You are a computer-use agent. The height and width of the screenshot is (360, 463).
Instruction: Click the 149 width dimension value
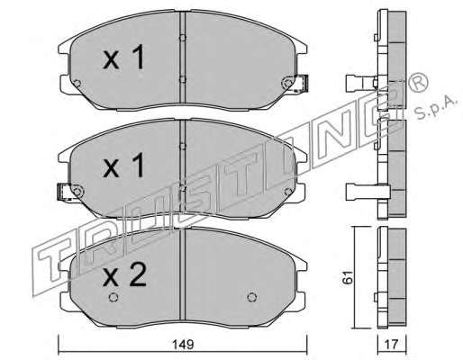(x=183, y=345)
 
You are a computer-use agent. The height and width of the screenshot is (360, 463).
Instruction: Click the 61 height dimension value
(x=349, y=276)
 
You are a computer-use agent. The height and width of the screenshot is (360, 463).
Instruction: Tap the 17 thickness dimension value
(x=392, y=345)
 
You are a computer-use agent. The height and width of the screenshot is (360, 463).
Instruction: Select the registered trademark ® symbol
(x=418, y=81)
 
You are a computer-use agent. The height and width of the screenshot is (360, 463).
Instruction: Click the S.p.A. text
(x=437, y=108)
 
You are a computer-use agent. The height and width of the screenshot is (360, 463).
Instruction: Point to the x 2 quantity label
(x=124, y=274)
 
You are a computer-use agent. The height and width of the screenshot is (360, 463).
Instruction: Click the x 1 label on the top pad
(x=123, y=57)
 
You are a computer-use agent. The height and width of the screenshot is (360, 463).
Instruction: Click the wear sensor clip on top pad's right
(x=303, y=84)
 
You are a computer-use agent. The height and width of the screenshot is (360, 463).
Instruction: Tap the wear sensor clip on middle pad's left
(x=64, y=192)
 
